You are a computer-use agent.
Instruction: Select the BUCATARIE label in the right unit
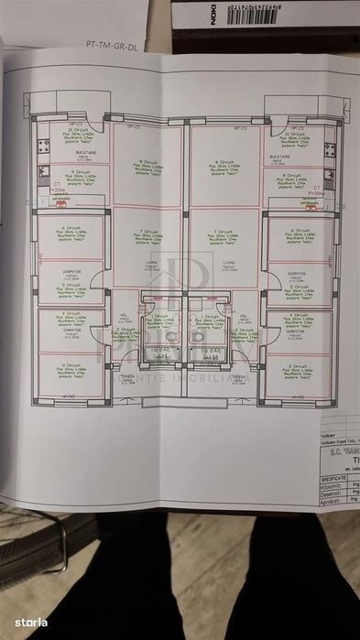[x=292, y=157]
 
